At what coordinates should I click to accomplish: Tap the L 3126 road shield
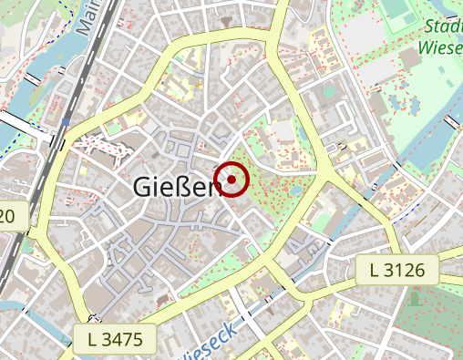(403, 270)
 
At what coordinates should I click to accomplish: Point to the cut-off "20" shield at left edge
(8, 216)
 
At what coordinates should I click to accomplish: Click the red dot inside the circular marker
(231, 179)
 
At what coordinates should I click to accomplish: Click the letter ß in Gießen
(186, 186)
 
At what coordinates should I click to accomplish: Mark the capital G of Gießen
(143, 186)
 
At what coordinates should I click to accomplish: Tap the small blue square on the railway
(67, 120)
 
